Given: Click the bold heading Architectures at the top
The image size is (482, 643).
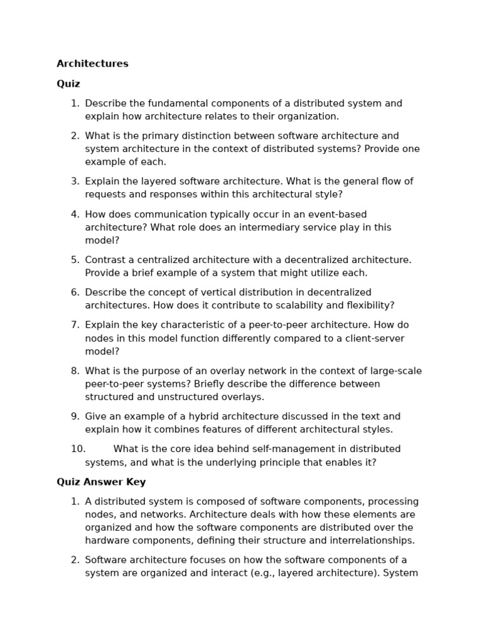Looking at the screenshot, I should point(92,64).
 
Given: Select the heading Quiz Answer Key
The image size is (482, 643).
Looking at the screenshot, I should point(101,482).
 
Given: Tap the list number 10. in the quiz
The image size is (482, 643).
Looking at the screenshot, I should point(78,449).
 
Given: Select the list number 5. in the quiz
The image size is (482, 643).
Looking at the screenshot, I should point(75,260).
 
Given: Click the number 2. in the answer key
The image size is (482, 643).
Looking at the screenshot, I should point(75,560).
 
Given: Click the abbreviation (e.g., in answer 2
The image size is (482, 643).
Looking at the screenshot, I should point(264,573).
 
